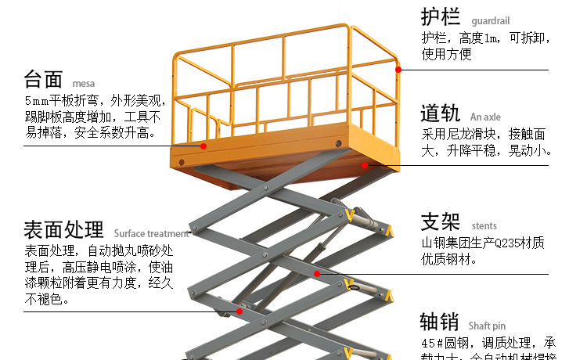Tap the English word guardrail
point(491,20)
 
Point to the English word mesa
point(83,83)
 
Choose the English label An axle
point(486,117)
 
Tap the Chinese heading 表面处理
point(63,230)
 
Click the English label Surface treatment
point(151,233)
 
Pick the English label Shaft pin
point(488,326)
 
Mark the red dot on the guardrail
point(398,70)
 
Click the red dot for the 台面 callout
point(203,146)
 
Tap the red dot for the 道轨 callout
point(365,165)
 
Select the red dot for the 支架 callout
point(317,274)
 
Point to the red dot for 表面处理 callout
point(239,311)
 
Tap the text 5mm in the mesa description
point(36,101)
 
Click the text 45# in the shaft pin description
point(432,344)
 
